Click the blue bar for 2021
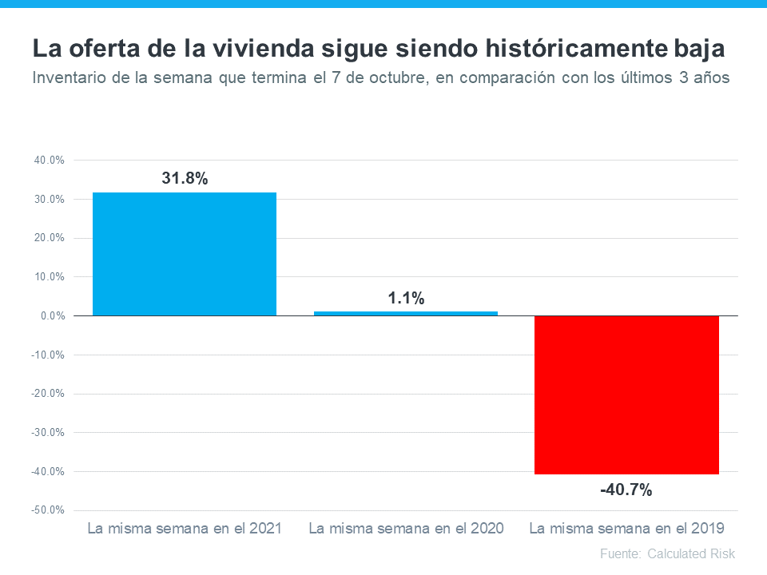185,254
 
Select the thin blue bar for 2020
406,313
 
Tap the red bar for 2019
626,395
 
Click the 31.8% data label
185,179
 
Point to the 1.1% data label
406,299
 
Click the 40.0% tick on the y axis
50,161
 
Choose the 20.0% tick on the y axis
50,238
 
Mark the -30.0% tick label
49,433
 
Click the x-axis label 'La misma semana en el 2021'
185,529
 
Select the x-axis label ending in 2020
406,529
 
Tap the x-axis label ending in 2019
626,529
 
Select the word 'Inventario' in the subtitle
70,78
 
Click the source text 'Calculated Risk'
691,553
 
